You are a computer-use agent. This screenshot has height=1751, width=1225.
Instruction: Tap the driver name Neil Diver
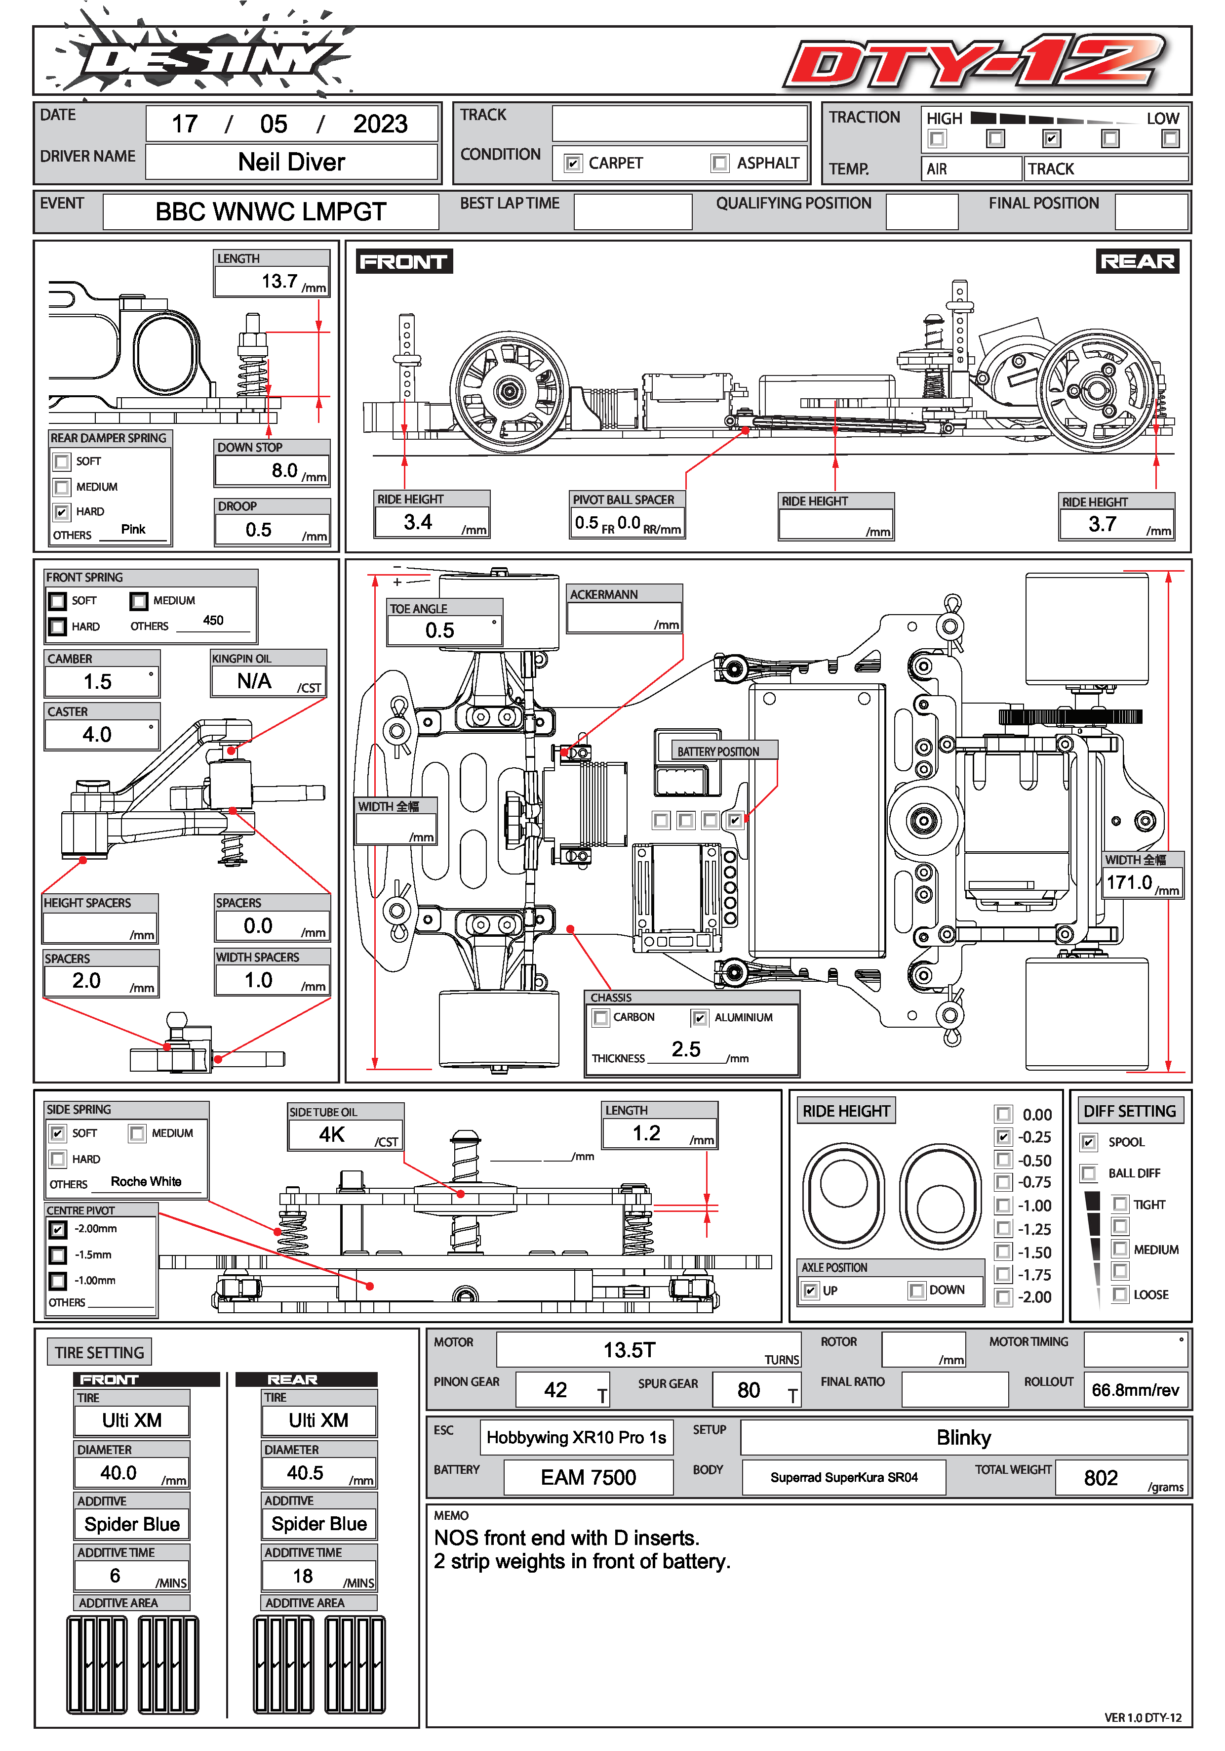[x=291, y=163]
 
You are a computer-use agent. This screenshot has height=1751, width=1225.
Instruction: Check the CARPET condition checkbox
[x=573, y=163]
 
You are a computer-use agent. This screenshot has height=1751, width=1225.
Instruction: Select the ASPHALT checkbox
[x=719, y=163]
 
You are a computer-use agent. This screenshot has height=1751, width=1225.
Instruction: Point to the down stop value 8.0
[x=284, y=470]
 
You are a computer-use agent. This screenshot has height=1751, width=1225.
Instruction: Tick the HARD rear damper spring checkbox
[x=62, y=512]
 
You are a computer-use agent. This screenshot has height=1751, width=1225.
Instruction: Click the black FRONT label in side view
[x=403, y=261]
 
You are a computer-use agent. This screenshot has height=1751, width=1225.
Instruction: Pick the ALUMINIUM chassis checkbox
[x=699, y=1018]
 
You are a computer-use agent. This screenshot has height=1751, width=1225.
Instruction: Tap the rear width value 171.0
[x=1128, y=883]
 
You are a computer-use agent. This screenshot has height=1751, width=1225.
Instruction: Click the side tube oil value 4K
[x=332, y=1135]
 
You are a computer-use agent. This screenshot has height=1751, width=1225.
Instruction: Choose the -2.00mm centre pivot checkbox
[x=58, y=1229]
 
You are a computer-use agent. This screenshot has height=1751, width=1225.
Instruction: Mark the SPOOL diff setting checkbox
[x=1089, y=1142]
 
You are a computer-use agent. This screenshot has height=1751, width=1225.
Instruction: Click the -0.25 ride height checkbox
[x=1003, y=1137]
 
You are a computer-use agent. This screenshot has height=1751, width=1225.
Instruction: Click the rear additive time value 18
[x=303, y=1576]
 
